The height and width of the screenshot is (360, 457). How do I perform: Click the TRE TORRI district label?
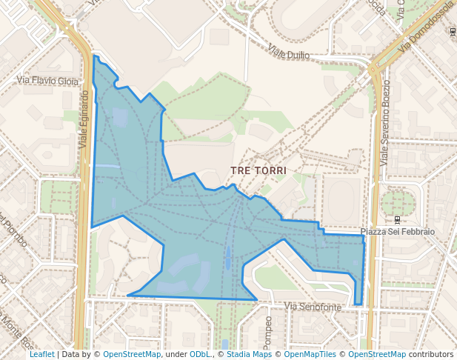pyautogui.click(x=258, y=170)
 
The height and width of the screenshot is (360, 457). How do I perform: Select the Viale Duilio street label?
pyautogui.click(x=288, y=53)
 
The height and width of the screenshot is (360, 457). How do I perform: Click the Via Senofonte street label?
pyautogui.click(x=313, y=307)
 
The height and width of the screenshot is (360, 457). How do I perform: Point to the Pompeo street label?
pyautogui.click(x=268, y=331)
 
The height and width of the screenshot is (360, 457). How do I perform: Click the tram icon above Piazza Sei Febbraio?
pyautogui.click(x=398, y=219)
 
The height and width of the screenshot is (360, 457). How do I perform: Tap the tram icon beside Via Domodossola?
pyautogui.click(x=452, y=31)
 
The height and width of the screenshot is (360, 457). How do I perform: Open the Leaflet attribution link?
pyautogui.click(x=41, y=354)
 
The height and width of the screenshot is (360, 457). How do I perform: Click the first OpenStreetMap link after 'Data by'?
pyautogui.click(x=132, y=354)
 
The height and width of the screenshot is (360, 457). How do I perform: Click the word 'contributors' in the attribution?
pyautogui.click(x=431, y=354)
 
